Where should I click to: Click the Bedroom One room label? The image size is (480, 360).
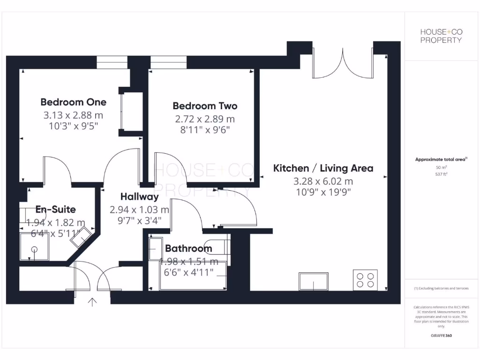point(73,102)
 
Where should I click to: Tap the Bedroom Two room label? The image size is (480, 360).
point(205,106)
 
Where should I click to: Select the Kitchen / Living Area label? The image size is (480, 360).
point(323,168)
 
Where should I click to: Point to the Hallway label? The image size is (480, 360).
point(139,197)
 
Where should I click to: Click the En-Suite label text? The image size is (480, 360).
point(56,210)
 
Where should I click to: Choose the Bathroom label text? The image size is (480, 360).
point(188,248)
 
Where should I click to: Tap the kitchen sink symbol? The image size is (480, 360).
point(313,281)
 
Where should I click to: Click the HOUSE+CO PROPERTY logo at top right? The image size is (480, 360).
point(441,36)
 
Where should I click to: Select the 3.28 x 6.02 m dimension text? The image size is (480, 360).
point(323,181)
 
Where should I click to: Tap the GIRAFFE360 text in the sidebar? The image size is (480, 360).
point(441,336)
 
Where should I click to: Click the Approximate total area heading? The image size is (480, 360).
point(440,159)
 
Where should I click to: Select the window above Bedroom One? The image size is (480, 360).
point(112,62)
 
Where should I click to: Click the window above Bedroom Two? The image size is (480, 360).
point(168,62)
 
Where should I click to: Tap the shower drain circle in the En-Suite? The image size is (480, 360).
point(34,249)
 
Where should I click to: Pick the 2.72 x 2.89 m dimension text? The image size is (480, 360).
point(205,119)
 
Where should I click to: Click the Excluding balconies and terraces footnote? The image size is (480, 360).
point(441,288)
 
